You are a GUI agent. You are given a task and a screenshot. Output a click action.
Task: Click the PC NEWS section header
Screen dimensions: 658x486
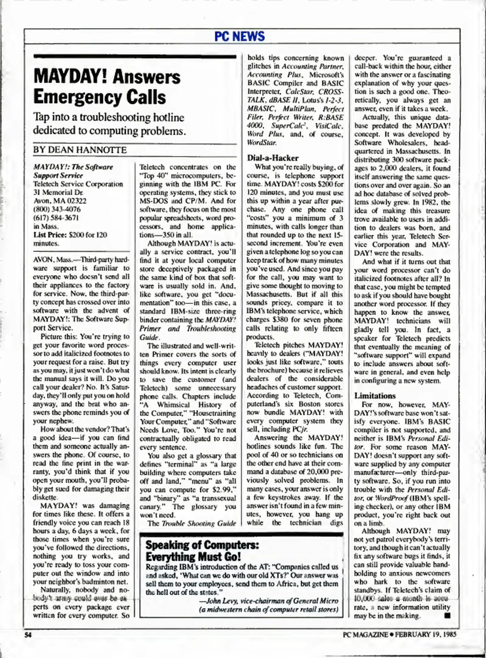[x=240, y=36]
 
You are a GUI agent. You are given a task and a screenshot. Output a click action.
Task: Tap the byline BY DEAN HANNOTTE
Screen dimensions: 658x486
[x=80, y=150]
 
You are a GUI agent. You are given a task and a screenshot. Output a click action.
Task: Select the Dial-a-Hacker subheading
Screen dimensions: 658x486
[x=273, y=158]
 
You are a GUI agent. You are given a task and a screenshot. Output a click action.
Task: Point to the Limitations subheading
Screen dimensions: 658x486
[x=375, y=396]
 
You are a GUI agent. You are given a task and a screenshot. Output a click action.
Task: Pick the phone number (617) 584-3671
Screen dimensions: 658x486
[x=56, y=218]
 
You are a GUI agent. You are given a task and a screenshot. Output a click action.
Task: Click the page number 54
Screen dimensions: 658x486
[x=28, y=635]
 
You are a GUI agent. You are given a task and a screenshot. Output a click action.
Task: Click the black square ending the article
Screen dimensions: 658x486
[x=447, y=615]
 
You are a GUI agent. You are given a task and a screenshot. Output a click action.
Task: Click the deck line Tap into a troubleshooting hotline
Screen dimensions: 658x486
[x=109, y=118]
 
